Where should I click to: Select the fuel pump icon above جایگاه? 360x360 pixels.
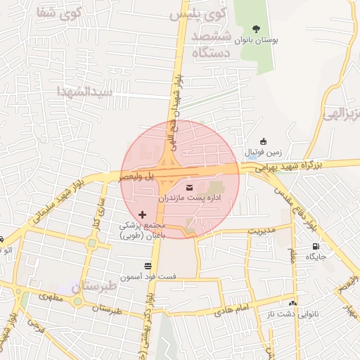tap(315, 246)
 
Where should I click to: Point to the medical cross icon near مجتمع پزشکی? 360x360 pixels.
tap(143, 214)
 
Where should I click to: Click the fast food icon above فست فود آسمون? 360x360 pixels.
tap(147, 266)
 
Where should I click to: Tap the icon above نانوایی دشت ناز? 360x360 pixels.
tap(292, 302)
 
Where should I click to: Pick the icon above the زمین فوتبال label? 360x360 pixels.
tap(263, 141)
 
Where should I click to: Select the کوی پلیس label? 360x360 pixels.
tap(217, 12)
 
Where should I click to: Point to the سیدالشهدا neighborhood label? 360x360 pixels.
tap(86, 92)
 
